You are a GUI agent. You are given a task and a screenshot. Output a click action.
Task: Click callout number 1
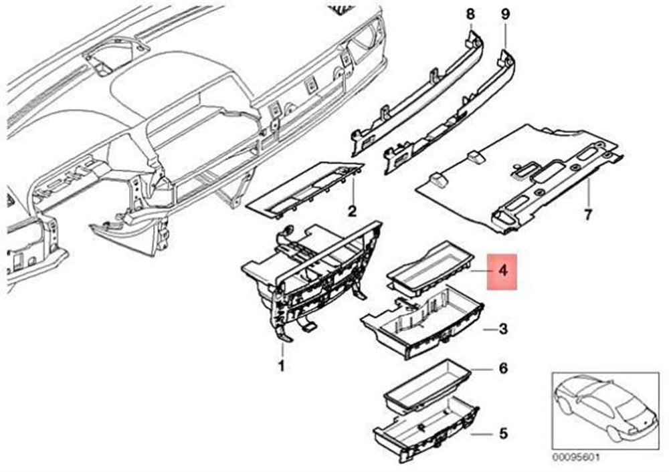click(x=281, y=366)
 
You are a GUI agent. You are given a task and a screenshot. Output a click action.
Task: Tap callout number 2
click(x=352, y=211)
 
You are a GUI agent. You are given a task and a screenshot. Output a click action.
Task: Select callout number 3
click(x=504, y=329)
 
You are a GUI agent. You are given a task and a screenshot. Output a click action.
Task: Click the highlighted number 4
click(x=504, y=271)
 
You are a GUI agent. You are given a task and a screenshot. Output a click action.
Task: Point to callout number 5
click(x=504, y=434)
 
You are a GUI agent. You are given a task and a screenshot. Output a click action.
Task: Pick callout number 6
click(x=504, y=368)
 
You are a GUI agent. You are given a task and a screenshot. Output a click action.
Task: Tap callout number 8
click(x=470, y=14)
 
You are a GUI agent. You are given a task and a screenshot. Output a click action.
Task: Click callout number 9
click(x=504, y=14)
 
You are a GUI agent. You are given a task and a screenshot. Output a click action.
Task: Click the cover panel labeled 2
click(x=305, y=190)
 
